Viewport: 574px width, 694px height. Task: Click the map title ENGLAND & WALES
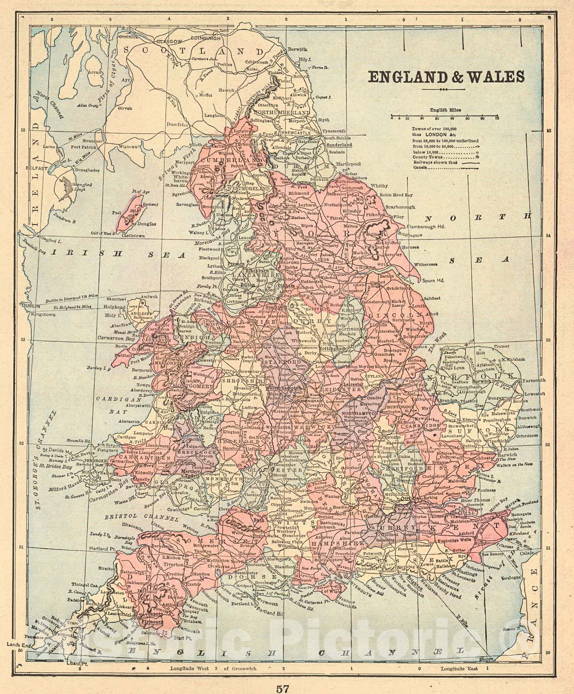(x=446, y=77)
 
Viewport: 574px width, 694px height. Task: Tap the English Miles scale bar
(x=444, y=117)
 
